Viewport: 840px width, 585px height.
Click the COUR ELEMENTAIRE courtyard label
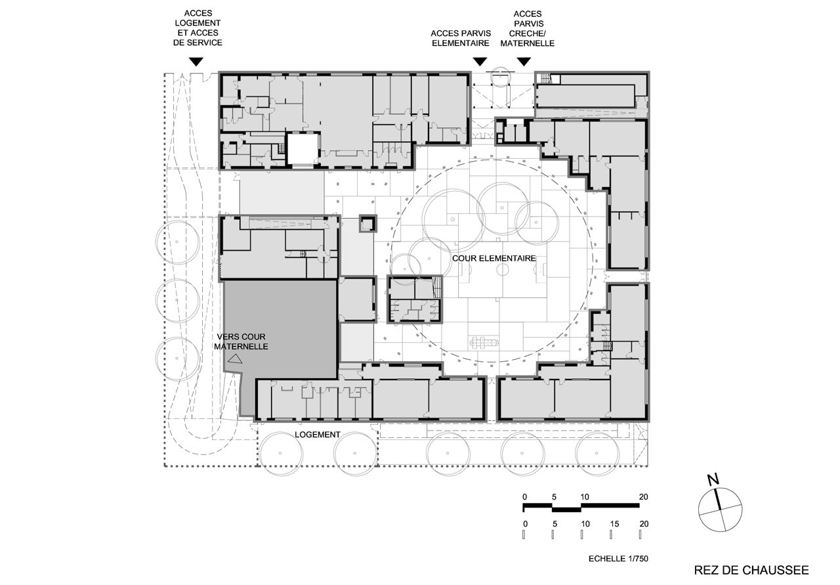pos(494,259)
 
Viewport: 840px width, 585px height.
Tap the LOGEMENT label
pos(317,435)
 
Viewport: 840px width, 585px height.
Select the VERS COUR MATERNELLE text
pos(241,341)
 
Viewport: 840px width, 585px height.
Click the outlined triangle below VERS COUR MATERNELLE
pos(235,359)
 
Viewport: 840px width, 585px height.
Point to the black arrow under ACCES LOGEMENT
pos(196,62)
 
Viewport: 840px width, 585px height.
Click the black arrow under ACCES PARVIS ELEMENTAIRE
pos(480,62)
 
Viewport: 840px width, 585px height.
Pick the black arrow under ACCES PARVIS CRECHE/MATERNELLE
pos(524,62)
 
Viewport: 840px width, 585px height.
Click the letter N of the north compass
pos(713,480)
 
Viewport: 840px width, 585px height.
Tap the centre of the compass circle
pos(720,509)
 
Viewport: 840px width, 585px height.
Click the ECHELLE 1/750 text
pos(618,559)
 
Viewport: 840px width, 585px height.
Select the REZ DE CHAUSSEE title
pos(751,571)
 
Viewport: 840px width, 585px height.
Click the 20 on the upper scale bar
pos(644,497)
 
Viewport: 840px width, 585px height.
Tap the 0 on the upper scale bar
pos(524,497)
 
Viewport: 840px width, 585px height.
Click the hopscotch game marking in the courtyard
pos(484,342)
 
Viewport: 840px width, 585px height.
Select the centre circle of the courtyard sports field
pos(503,269)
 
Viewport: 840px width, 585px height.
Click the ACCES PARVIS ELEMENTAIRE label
pos(461,38)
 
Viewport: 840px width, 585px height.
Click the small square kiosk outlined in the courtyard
pos(367,224)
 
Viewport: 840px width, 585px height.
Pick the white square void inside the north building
pos(303,149)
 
